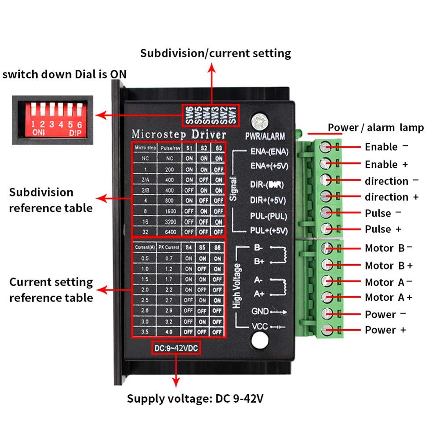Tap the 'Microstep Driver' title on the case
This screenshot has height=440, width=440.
[x=179, y=134]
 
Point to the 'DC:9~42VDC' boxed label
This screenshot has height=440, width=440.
[x=176, y=348]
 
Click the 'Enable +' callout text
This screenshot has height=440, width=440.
[x=386, y=164]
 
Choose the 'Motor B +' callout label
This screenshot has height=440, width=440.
[x=389, y=265]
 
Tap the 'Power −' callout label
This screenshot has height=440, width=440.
[x=385, y=314]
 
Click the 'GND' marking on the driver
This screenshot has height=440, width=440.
[x=259, y=311]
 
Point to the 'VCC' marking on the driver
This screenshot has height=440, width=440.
[x=259, y=327]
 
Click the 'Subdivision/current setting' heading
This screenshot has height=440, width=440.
[x=215, y=54]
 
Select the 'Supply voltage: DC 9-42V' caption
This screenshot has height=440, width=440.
[x=196, y=399]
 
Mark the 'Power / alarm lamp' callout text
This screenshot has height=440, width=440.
[x=376, y=127]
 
